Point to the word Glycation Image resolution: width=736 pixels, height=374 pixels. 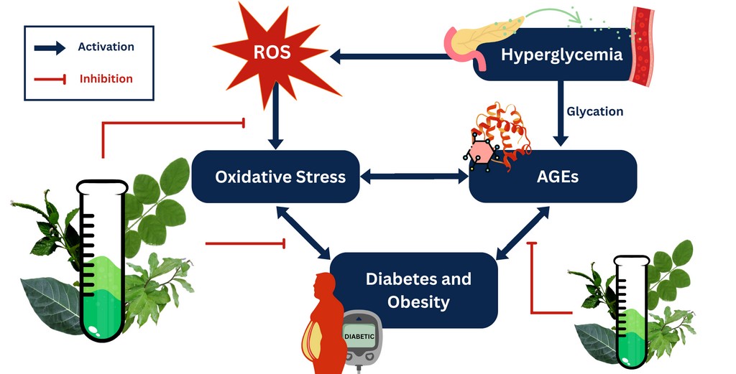594,111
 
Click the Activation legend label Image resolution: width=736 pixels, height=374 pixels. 106,47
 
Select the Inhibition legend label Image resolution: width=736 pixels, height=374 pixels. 106,78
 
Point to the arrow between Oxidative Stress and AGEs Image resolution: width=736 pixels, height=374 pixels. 414,175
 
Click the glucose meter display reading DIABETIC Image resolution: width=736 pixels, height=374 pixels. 359,335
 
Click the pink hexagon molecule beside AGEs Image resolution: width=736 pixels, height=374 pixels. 481,153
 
